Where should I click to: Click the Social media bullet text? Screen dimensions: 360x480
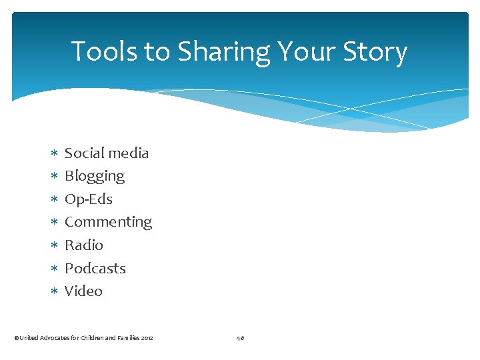[107, 153]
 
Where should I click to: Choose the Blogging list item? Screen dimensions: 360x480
[95, 177]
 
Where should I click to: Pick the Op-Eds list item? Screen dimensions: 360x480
[89, 199]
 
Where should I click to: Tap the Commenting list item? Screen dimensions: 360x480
[108, 222]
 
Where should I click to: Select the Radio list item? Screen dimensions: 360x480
[84, 245]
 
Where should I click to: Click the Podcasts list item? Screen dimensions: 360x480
[95, 268]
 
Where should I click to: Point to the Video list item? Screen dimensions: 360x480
[83, 291]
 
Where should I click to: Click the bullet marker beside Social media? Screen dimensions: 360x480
[54, 154]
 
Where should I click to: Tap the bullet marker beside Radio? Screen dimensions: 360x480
[54, 246]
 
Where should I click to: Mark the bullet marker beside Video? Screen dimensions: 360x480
[54, 292]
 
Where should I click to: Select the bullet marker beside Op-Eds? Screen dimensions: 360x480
[54, 200]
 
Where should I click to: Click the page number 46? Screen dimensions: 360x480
[240, 338]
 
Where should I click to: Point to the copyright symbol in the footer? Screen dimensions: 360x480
[16, 338]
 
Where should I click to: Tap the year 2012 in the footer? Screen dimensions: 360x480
[147, 338]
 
